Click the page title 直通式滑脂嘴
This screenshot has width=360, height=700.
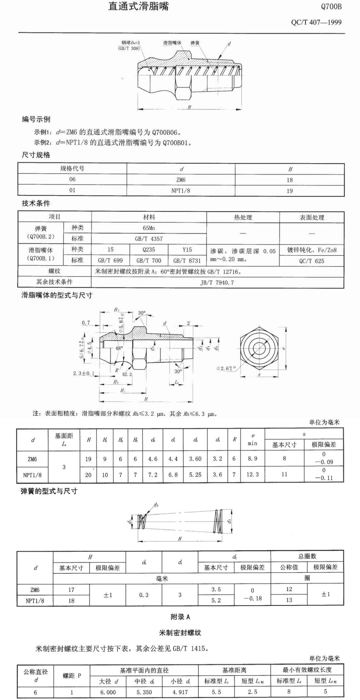pyautogui.click(x=138, y=6)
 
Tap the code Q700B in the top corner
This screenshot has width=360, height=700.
pyautogui.click(x=331, y=7)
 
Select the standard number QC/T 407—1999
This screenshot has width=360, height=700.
pyautogui.click(x=316, y=23)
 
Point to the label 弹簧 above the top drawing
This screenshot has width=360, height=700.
pyautogui.click(x=195, y=43)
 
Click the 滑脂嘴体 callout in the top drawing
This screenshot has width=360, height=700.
pyautogui.click(x=172, y=43)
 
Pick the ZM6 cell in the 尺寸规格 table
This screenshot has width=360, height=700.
pyautogui.click(x=181, y=180)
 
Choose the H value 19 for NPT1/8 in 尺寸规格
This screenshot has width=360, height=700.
pyautogui.click(x=290, y=191)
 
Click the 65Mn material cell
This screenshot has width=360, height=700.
pyautogui.click(x=149, y=228)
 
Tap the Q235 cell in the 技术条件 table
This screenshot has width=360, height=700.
pyautogui.click(x=149, y=250)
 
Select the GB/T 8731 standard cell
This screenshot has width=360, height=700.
pyautogui.click(x=187, y=261)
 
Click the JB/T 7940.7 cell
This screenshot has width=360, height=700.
pyautogui.click(x=217, y=282)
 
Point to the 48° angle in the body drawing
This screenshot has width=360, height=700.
pyautogui.click(x=119, y=349)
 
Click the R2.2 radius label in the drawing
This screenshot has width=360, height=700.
pyautogui.click(x=127, y=374)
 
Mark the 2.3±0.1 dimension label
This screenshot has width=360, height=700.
pyautogui.click(x=84, y=373)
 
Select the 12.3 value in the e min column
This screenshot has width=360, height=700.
pyautogui.click(x=252, y=474)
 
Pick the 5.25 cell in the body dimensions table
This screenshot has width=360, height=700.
pyautogui.click(x=195, y=475)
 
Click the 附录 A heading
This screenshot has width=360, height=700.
pyautogui.click(x=180, y=617)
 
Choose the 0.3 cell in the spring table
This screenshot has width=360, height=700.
pyautogui.click(x=144, y=595)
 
